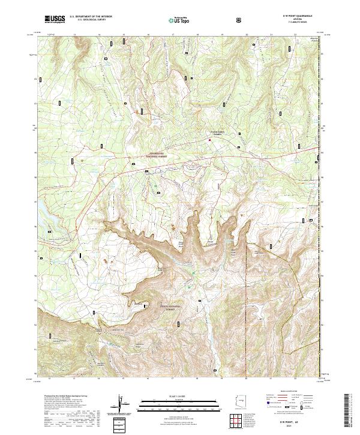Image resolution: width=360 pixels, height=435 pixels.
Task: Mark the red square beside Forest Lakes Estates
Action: [209, 140]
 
